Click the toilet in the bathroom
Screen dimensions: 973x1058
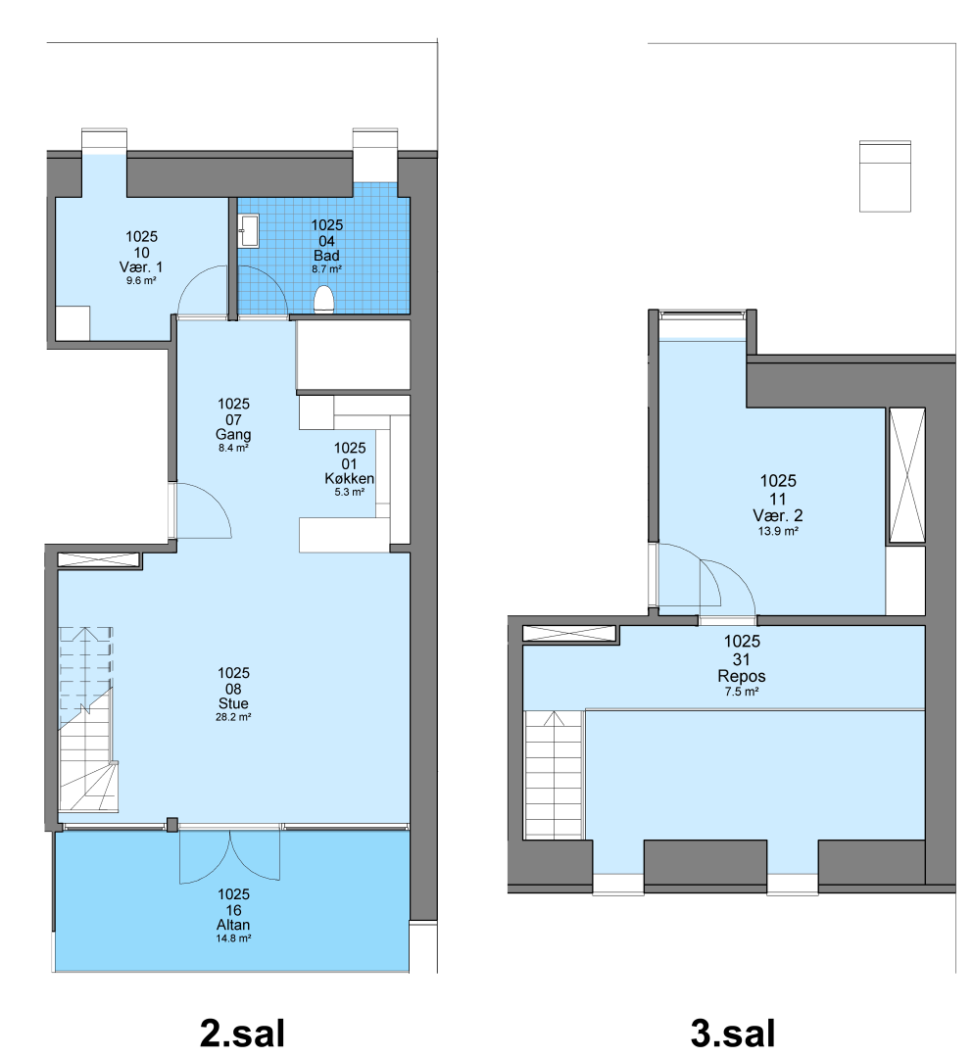click(324, 300)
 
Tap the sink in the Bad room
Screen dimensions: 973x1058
click(249, 231)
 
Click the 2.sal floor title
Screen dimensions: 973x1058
click(242, 1034)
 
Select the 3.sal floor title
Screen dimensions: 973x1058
click(733, 1034)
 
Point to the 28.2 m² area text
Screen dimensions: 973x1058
click(233, 717)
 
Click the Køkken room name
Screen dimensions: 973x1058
click(350, 478)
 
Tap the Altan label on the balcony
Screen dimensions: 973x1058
click(233, 925)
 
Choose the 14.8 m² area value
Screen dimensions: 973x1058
click(233, 938)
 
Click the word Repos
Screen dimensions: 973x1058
click(742, 676)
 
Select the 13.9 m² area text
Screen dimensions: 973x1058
click(778, 531)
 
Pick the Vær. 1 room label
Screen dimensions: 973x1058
click(141, 267)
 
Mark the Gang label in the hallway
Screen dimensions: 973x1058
click(233, 435)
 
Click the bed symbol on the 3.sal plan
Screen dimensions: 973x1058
click(885, 176)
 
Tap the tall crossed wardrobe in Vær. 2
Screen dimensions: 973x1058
click(906, 475)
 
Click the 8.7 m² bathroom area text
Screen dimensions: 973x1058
click(326, 268)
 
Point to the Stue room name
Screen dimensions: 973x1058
click(233, 703)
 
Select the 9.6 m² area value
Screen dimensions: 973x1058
click(141, 281)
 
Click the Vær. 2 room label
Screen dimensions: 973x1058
click(778, 515)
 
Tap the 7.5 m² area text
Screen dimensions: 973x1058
click(742, 692)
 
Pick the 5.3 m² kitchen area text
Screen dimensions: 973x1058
click(350, 492)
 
